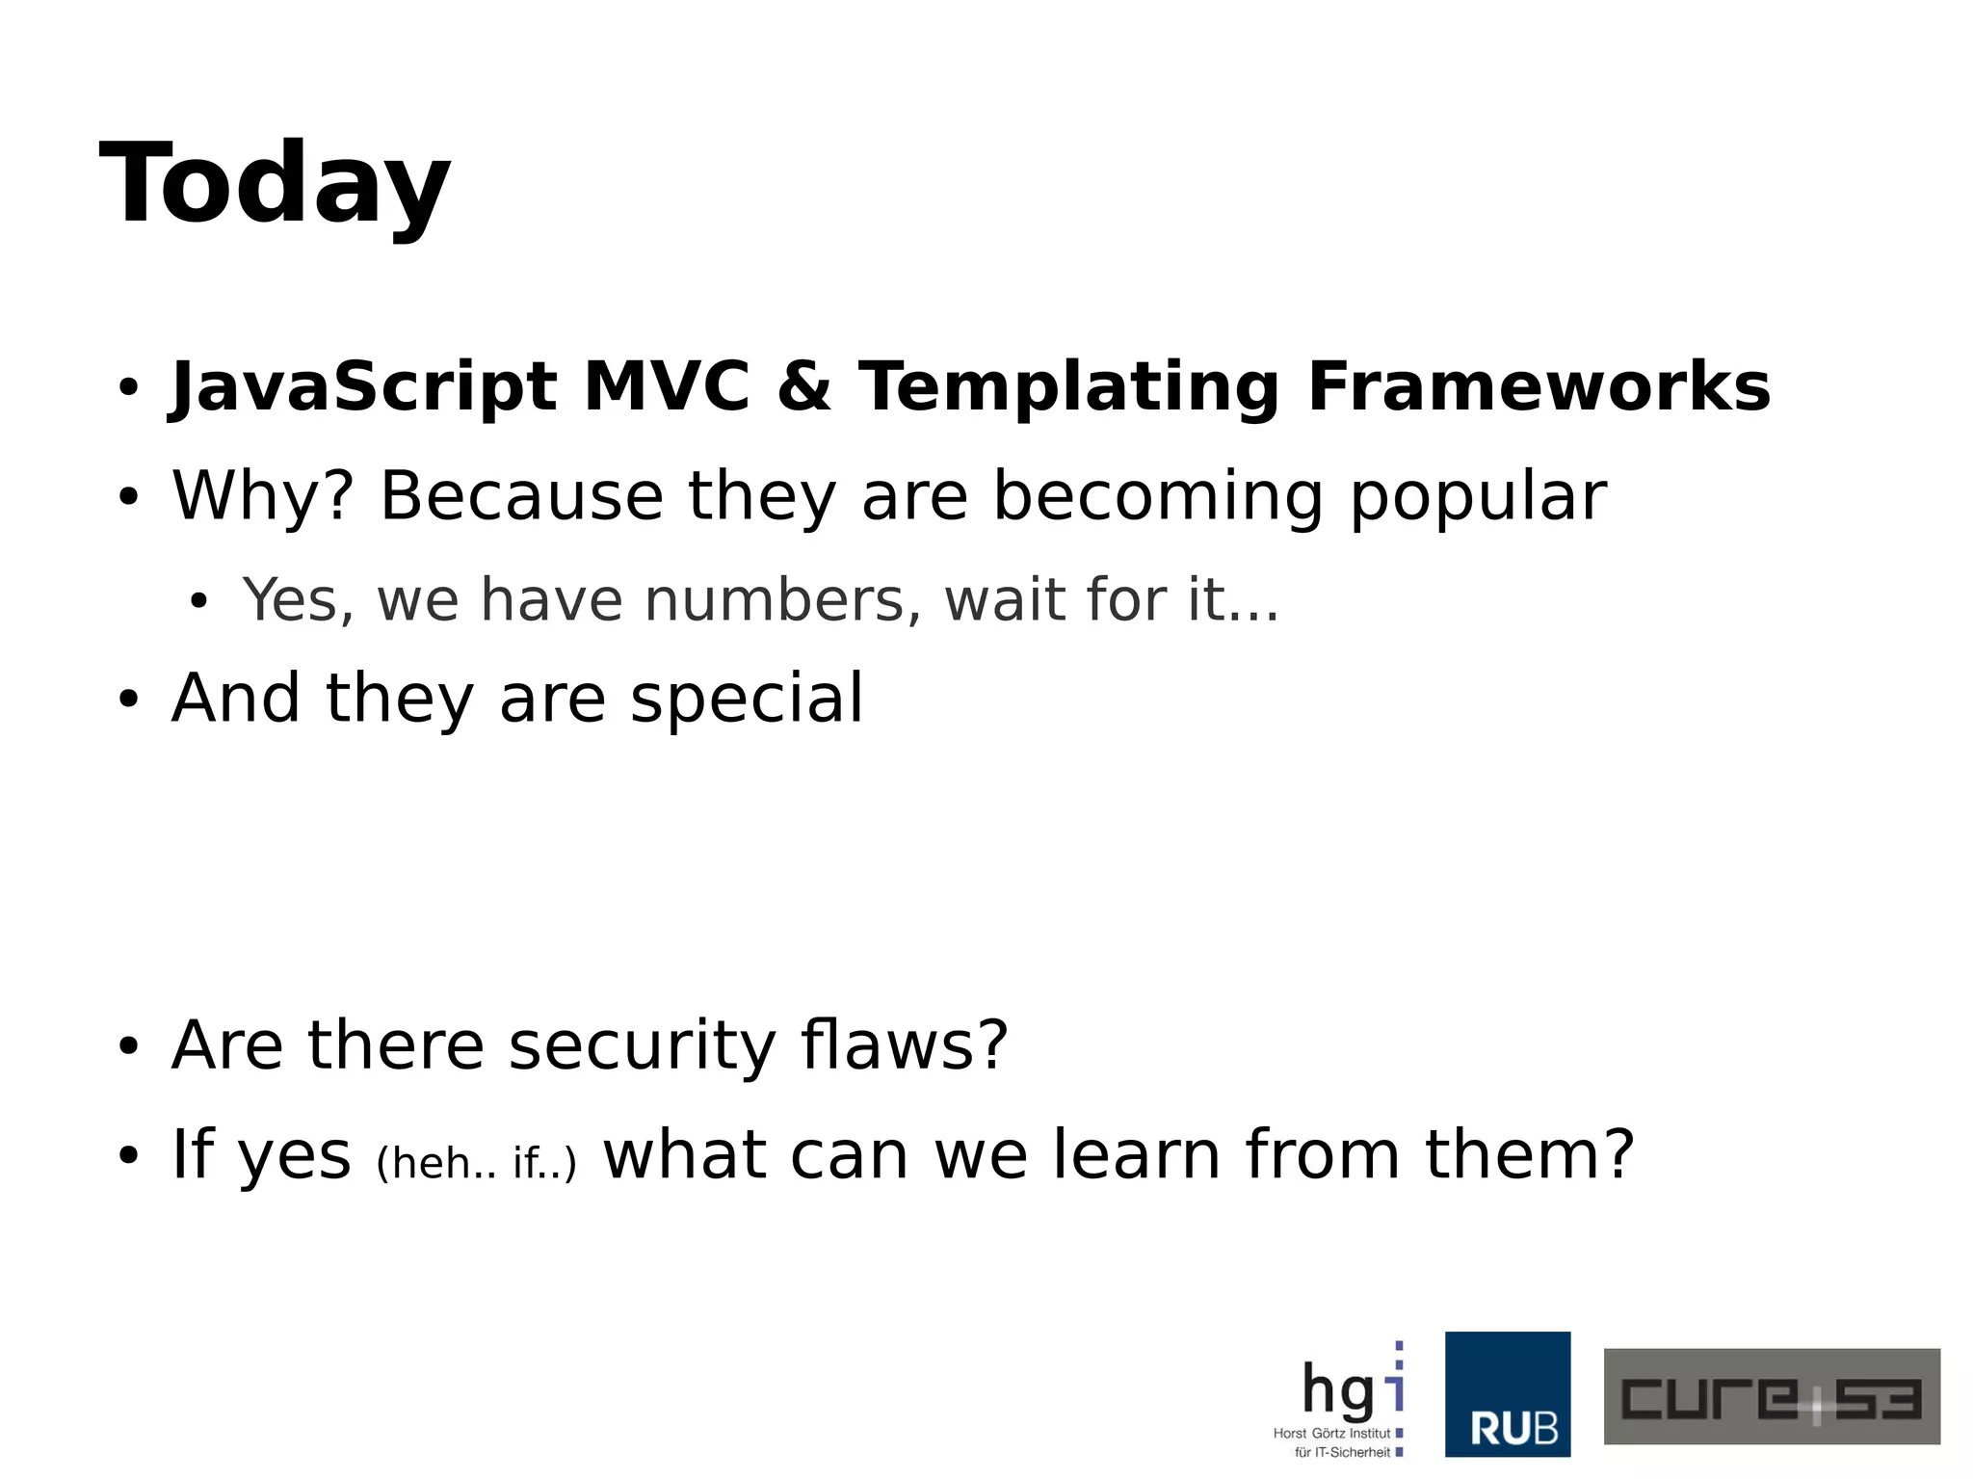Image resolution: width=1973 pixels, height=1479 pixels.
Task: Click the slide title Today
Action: click(x=275, y=183)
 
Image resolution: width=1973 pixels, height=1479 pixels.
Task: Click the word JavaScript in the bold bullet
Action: click(x=364, y=387)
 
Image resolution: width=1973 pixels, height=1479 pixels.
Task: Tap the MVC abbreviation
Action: click(x=667, y=387)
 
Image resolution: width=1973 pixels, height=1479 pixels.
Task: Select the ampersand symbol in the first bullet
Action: click(x=804, y=387)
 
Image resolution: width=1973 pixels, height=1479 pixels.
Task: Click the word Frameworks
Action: click(x=1539, y=387)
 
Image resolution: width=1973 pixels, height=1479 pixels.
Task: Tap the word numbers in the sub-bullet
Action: click(x=776, y=600)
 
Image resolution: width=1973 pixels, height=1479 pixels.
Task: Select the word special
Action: click(x=747, y=700)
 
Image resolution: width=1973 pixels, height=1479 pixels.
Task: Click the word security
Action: click(x=642, y=1046)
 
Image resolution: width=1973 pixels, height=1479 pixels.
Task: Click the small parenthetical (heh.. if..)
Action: click(x=476, y=1163)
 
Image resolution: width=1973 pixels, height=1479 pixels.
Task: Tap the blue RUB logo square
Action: click(x=1507, y=1394)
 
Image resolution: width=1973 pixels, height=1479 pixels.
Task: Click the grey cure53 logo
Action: click(x=1771, y=1396)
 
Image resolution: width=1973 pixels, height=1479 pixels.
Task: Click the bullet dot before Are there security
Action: click(x=128, y=1047)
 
